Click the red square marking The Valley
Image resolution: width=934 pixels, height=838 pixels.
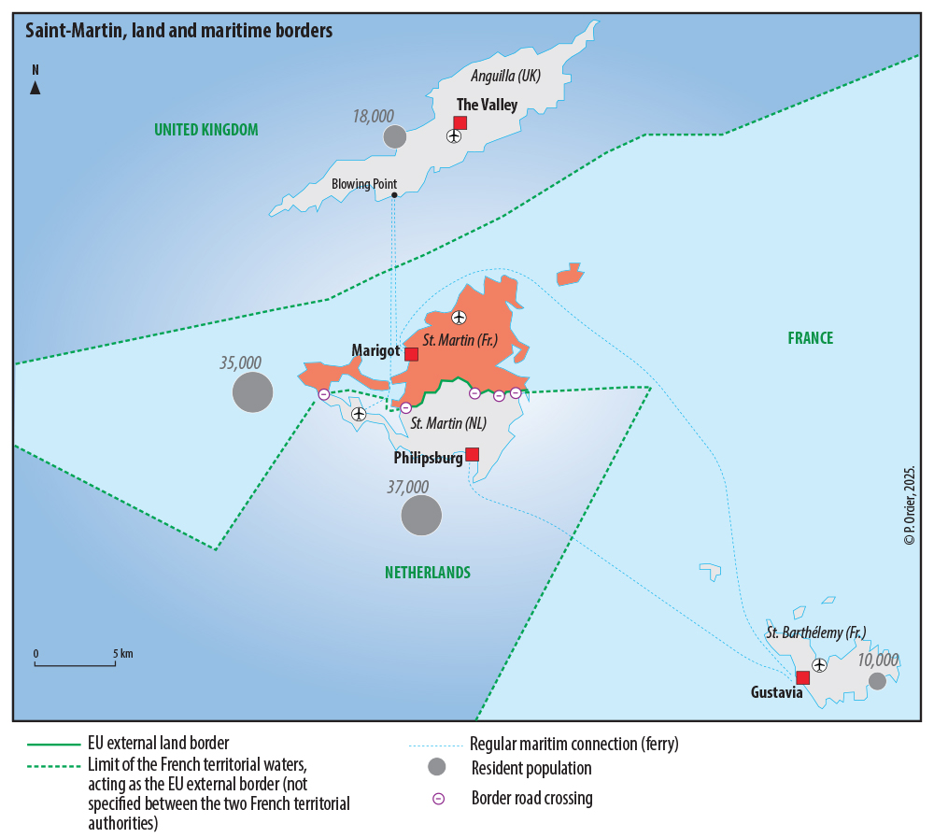[x=460, y=122]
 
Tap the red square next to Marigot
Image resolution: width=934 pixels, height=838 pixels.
[x=411, y=353]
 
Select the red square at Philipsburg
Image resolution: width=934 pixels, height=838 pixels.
[x=472, y=454]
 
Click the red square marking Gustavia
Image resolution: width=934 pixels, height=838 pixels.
[x=802, y=677]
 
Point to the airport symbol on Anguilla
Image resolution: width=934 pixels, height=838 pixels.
[x=454, y=136]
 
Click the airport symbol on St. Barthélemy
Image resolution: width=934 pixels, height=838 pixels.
[x=819, y=665]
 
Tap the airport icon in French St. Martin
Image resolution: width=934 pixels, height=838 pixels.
[x=459, y=318]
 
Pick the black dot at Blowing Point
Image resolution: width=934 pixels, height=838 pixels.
[x=394, y=194]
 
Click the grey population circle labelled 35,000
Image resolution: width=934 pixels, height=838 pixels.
[x=252, y=391]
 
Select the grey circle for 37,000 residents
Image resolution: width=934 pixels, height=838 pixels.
[x=421, y=515]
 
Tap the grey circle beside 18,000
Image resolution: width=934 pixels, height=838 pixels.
[x=395, y=136]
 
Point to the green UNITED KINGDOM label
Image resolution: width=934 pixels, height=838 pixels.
[x=206, y=129]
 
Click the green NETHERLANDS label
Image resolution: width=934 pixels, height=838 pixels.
[x=428, y=573]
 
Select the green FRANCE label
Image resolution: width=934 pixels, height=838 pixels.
[x=810, y=338]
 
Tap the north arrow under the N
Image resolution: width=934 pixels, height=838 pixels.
[x=35, y=88]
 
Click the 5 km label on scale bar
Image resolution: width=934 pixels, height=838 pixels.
[x=122, y=653]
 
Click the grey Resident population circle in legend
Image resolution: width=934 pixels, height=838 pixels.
[x=436, y=768]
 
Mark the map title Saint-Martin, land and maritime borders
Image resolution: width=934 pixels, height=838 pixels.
[x=178, y=31]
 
